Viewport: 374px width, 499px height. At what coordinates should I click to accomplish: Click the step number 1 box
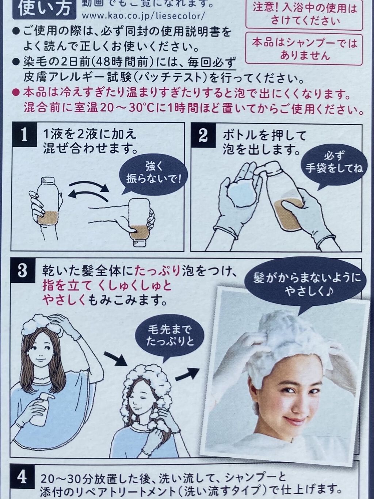click(24, 134)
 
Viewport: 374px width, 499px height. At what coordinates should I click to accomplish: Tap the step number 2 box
click(203, 134)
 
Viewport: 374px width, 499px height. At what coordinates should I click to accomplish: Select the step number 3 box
click(23, 271)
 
